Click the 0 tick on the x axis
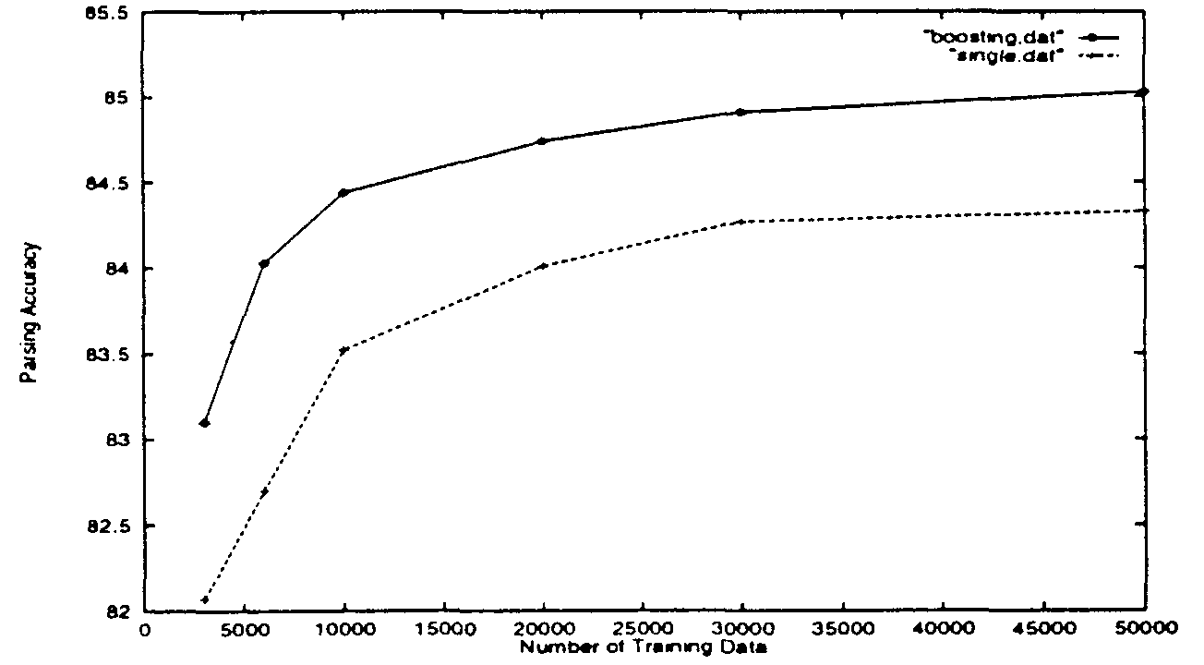[145, 631]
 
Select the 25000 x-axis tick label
[644, 631]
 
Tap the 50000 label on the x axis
[1144, 631]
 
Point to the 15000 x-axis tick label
[444, 631]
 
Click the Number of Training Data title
[644, 647]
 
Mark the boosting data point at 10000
[344, 192]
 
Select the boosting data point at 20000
[544, 140]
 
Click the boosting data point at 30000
[743, 112]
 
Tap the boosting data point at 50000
[1144, 91]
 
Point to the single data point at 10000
[344, 350]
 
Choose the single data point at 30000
[743, 222]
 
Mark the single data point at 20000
[544, 265]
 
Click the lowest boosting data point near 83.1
[204, 423]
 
